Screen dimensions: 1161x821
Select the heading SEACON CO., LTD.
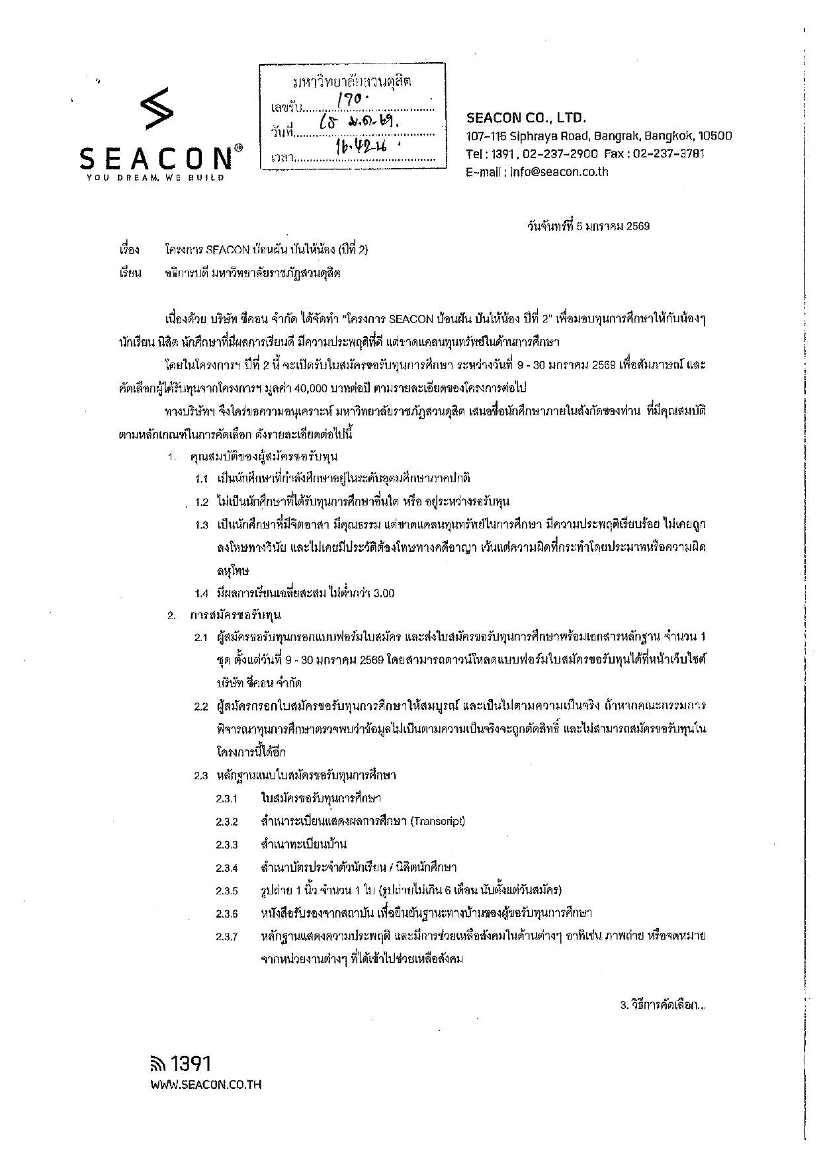(526, 118)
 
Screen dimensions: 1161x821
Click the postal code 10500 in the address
(714, 136)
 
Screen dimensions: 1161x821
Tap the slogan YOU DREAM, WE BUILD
(155, 177)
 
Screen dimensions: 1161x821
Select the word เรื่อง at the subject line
(128, 250)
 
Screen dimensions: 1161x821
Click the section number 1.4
(202, 593)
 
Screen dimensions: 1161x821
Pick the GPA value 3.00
(383, 593)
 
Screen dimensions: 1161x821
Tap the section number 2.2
(201, 707)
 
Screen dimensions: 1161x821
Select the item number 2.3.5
(226, 890)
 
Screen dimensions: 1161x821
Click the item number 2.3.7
(226, 937)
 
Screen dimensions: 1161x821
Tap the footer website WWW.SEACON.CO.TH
(206, 1084)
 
